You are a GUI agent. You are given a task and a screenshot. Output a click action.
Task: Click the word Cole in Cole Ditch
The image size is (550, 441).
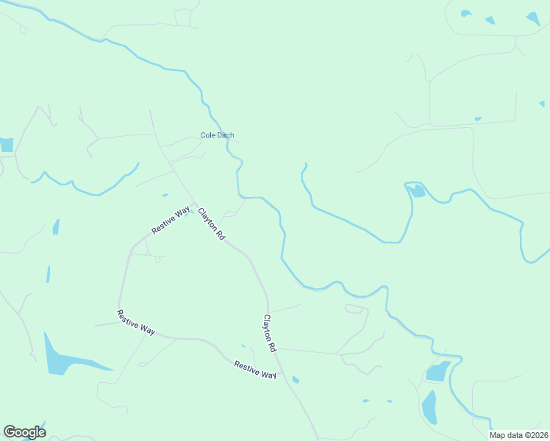pos(208,135)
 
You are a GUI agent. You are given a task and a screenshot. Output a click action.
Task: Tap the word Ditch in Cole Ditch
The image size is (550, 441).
pos(225,135)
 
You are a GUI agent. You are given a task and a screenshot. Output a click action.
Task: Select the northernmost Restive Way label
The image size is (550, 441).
pos(171,220)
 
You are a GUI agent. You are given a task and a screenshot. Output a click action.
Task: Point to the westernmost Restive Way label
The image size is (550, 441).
pos(135,323)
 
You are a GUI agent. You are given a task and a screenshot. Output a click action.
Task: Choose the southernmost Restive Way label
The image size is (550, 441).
pos(255,369)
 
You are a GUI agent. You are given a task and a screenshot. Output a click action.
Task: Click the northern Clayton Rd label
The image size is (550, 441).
pos(211,224)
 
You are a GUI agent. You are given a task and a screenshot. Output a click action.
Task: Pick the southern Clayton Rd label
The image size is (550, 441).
pos(269,333)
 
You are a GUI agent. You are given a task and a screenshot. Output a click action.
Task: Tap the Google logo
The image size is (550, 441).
pos(24,432)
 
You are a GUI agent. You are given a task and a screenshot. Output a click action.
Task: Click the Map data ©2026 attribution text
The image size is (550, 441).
pos(518,435)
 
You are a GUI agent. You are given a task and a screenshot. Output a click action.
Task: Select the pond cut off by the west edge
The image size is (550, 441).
pos(6,145)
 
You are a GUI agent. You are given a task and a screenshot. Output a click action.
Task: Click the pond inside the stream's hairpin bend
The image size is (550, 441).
pos(417,191)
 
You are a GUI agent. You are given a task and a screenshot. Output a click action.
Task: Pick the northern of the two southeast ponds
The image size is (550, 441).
pos(438,371)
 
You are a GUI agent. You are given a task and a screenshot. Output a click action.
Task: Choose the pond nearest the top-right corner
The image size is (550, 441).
pos(533,19)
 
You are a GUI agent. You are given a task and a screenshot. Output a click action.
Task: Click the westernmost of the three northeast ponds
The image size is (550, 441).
pos(465,13)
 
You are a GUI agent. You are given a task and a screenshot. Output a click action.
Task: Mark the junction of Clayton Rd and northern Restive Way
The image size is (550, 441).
pos(193,205)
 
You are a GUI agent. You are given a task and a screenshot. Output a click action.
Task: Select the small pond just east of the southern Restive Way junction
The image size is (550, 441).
pos(296,379)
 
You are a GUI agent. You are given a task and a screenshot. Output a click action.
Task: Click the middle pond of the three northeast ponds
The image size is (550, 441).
pos(490,21)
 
